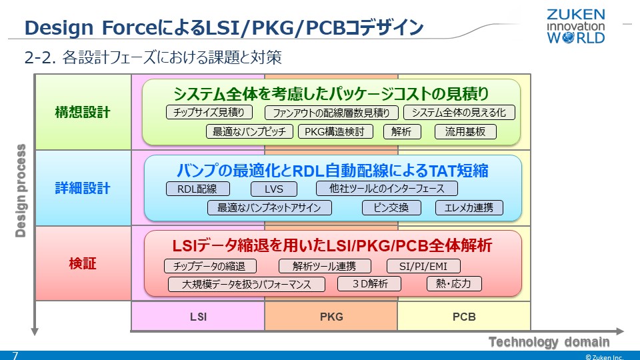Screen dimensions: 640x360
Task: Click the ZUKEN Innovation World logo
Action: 576,26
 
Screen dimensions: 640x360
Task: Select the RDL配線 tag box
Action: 197,189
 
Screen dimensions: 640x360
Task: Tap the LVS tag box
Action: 273,189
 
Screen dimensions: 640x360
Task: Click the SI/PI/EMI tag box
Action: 423,266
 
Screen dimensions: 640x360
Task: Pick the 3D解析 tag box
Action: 369,284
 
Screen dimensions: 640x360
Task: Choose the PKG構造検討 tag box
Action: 335,131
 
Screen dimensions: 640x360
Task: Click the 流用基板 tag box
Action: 465,131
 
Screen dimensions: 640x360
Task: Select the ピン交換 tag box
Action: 391,208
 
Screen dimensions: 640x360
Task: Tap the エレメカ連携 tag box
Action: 469,208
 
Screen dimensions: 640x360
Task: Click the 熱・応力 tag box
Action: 454,284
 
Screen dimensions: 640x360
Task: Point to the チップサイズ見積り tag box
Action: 209,112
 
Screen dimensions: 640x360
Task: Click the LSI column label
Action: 198,316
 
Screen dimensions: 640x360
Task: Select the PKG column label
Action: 331,316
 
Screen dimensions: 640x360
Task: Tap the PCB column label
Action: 464,316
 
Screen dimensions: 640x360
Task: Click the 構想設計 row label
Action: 83,112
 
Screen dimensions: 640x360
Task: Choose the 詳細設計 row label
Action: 83,188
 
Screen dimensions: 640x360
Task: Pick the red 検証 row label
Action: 83,263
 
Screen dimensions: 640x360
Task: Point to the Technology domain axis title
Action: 549,341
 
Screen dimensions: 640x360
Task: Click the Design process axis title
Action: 21,191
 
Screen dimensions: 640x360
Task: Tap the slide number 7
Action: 15,355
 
